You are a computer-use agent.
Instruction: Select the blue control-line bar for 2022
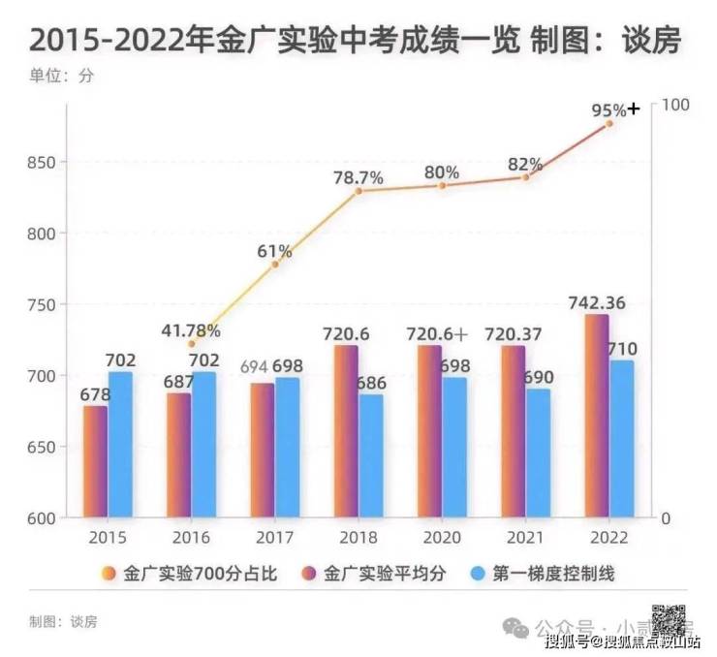622,439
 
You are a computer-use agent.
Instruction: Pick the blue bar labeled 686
371,455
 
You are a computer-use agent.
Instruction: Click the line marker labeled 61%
275,264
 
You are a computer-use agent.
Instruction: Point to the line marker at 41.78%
191,343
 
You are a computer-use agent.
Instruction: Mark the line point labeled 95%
609,123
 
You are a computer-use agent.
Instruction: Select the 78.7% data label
358,178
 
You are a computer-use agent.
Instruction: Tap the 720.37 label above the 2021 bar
513,334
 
